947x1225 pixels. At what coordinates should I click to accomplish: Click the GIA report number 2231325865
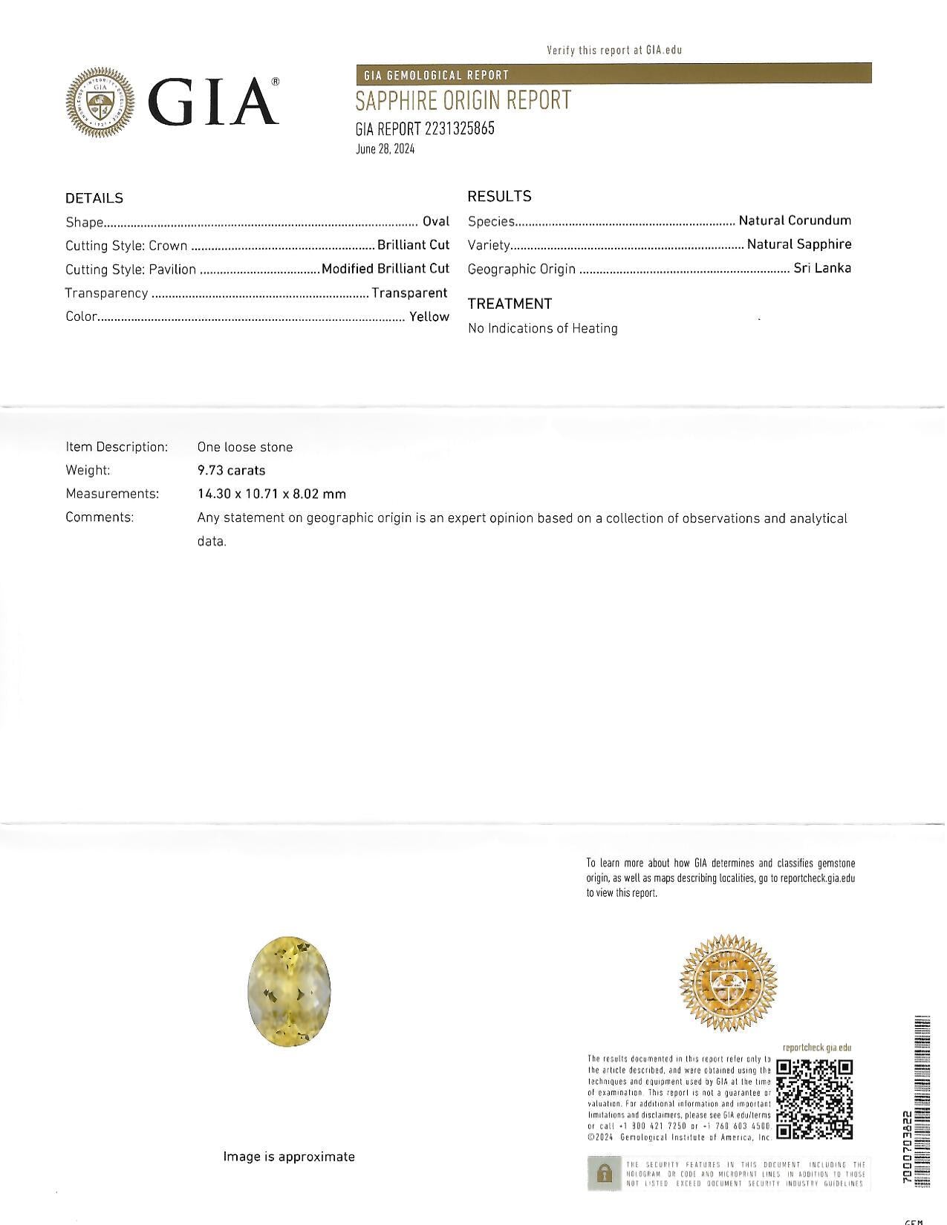(x=459, y=128)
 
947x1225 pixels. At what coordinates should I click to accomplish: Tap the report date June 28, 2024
(x=385, y=149)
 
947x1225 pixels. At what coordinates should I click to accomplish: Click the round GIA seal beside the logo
(x=100, y=103)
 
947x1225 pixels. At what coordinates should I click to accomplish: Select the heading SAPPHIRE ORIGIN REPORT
(x=463, y=100)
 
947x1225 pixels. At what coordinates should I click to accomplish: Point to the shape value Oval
(x=436, y=221)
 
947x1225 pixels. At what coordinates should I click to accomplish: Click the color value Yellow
(x=429, y=316)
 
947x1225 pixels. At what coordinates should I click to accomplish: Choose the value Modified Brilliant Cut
(x=385, y=269)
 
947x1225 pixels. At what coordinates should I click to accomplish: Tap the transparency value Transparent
(x=409, y=293)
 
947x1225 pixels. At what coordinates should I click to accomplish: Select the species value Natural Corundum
(x=795, y=220)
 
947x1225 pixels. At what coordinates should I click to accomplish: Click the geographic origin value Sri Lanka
(x=822, y=268)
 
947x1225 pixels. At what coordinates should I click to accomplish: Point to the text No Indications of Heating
(x=542, y=328)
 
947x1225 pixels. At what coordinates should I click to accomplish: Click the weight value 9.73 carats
(x=231, y=470)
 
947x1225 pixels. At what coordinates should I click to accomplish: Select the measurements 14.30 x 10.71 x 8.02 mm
(x=271, y=494)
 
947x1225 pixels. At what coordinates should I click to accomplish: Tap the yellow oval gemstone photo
(x=289, y=991)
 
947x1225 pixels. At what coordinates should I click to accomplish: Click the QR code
(x=814, y=1099)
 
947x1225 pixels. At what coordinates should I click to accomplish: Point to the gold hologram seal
(x=728, y=982)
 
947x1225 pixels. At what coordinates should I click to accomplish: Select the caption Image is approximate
(x=289, y=1157)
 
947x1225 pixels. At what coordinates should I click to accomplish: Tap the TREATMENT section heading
(x=510, y=304)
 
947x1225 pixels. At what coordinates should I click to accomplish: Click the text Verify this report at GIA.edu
(x=614, y=50)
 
